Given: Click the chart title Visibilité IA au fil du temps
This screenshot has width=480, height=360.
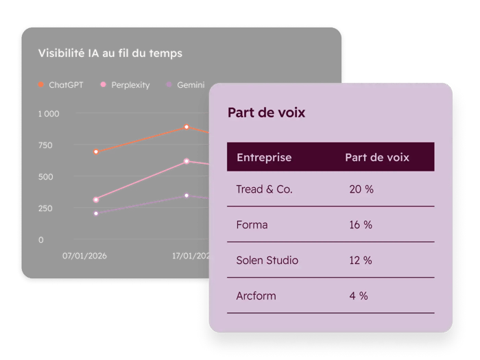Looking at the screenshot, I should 110,53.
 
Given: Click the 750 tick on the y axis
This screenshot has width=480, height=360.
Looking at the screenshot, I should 45,145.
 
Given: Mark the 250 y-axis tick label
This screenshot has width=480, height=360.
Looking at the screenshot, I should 45,208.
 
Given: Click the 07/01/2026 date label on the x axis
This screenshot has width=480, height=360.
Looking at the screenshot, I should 84,256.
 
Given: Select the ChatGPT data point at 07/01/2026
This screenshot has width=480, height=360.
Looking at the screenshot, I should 96,152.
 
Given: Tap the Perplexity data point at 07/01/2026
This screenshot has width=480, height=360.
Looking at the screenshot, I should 96,200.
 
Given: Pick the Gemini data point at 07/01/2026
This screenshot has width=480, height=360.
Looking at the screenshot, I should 96,213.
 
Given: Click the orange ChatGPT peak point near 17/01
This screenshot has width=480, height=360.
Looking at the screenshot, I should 187,127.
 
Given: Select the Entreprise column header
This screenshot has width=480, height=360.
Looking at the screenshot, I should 264,157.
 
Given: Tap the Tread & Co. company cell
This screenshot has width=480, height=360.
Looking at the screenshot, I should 264,189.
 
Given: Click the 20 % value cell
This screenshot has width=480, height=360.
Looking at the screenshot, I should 361,189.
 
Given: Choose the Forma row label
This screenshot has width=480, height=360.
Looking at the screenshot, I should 252,225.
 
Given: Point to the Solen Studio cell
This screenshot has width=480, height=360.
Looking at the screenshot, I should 267,261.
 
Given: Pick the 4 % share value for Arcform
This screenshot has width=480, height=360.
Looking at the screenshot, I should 359,296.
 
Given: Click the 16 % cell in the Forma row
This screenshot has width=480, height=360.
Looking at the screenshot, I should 361,225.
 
